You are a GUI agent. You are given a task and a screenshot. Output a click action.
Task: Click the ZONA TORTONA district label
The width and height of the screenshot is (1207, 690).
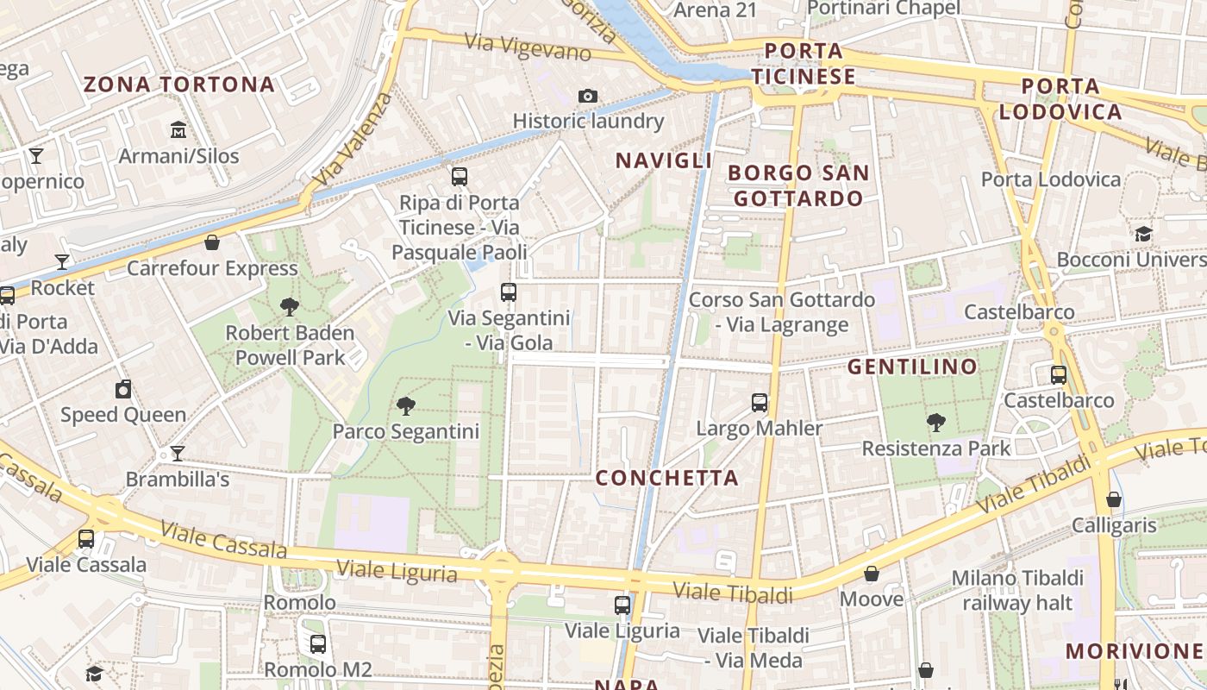178,85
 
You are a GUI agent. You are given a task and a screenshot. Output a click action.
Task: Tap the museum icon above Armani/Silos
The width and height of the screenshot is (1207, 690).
178,130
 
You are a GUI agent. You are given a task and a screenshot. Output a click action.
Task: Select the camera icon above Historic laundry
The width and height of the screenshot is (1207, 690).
588,96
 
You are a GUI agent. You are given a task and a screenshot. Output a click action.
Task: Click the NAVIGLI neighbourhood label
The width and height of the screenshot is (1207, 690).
664,160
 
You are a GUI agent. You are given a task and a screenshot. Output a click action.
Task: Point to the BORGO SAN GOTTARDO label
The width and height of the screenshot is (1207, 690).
798,185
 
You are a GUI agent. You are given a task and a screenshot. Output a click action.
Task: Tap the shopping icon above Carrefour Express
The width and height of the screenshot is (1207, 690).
212,242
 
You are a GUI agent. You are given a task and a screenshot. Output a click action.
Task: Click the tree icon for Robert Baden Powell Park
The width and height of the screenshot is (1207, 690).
290,306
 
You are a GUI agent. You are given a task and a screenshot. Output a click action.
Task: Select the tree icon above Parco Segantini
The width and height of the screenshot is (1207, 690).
405,405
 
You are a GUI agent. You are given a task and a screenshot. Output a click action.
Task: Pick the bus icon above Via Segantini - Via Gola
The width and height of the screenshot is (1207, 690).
509,292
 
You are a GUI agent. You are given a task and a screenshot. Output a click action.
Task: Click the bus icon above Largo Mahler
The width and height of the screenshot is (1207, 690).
760,402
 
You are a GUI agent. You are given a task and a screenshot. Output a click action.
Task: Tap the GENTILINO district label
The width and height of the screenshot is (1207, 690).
912,367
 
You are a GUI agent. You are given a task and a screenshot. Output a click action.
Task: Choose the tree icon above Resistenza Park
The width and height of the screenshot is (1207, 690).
936,423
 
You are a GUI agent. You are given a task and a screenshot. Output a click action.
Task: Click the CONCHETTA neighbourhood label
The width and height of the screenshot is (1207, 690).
667,478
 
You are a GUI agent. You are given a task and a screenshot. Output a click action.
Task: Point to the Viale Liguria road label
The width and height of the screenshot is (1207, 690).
397,571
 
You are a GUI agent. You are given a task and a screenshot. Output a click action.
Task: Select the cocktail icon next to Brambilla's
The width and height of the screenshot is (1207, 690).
178,453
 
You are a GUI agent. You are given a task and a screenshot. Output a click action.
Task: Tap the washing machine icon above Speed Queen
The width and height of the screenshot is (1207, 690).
123,389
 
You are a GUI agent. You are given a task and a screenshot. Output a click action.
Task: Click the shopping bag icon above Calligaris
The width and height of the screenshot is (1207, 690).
1114,499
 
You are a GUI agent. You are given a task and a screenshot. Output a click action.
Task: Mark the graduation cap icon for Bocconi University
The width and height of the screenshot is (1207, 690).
1143,234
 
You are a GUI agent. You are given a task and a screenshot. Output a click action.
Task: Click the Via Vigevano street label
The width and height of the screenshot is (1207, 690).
528,47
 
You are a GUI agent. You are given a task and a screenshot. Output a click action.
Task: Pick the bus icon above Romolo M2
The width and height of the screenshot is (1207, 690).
318,643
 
